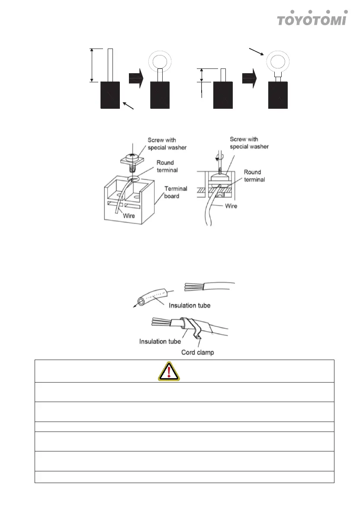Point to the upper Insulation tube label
pos(190,305)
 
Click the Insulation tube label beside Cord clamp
pos(160,341)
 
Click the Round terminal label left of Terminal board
pos(165,166)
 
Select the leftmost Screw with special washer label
pos(167,144)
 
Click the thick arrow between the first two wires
pos(136,81)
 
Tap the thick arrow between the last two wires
pos(249,81)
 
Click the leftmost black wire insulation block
pos(110,95)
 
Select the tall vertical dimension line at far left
pos(91,65)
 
